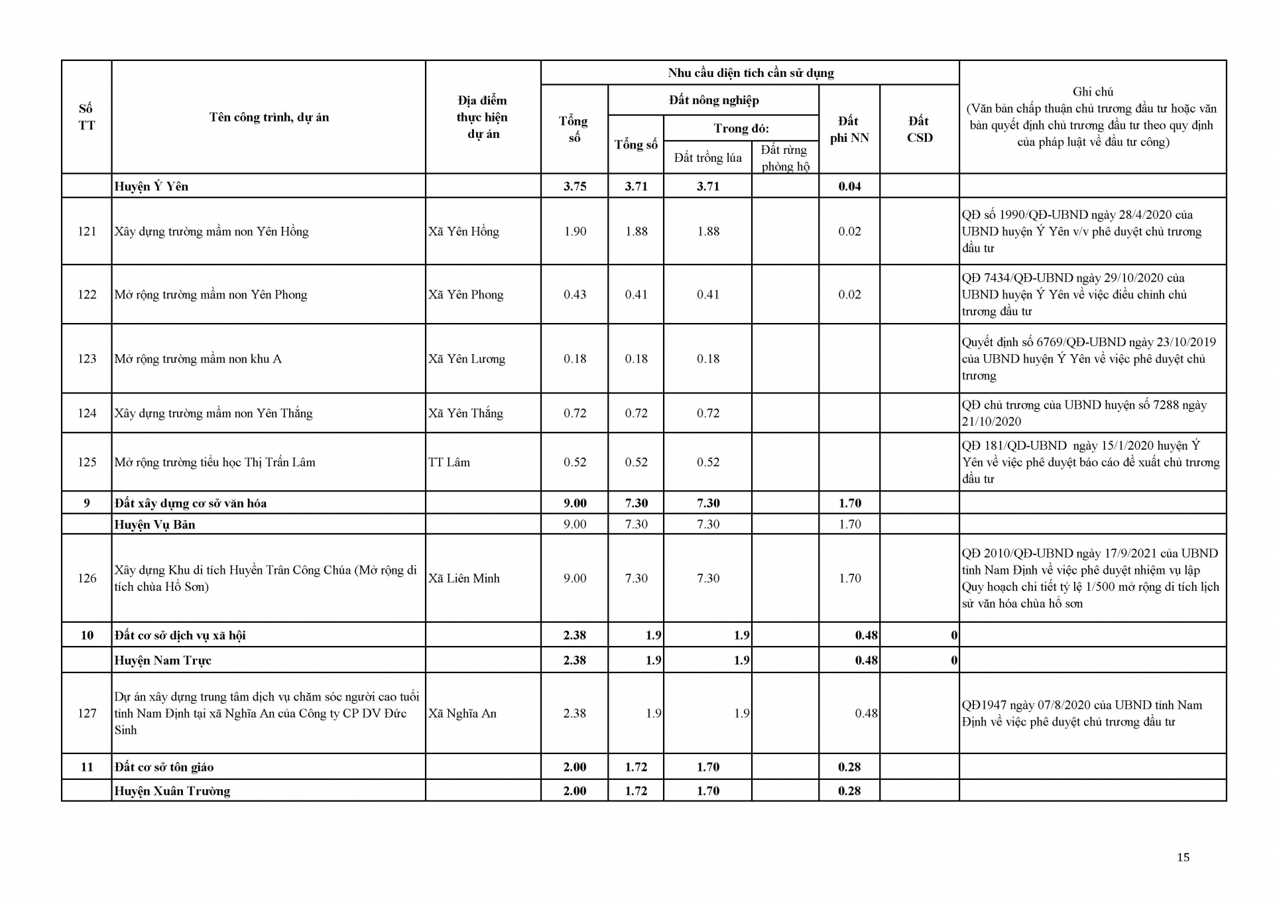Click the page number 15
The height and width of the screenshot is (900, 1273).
pos(1183,858)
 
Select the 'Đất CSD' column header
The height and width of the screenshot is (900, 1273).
pos(919,129)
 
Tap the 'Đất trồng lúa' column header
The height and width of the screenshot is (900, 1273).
pos(707,158)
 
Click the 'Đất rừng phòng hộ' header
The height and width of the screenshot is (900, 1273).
pos(785,158)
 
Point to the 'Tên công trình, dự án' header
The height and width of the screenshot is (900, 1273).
pos(269,117)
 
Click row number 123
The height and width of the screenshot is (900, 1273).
pos(87,359)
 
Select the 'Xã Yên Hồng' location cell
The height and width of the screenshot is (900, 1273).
pos(463,231)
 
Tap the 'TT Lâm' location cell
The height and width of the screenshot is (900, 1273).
pos(449,462)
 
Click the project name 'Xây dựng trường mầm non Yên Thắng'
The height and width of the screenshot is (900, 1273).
pos(213,413)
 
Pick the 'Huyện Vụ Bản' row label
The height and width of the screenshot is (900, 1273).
pos(154,525)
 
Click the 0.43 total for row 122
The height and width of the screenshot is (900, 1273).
pos(575,294)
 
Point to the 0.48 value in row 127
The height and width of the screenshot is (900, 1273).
pos(866,714)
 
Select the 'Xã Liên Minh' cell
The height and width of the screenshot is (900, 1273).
pos(463,578)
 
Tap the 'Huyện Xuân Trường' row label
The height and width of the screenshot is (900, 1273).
pos(172,791)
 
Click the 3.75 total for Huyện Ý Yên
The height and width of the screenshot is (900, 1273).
pos(575,186)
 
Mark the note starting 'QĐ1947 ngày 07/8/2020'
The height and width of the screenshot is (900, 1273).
pos(1081,714)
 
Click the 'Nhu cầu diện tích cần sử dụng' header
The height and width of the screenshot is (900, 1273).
pos(751,73)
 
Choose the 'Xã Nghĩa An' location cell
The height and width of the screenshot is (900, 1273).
pos(462,714)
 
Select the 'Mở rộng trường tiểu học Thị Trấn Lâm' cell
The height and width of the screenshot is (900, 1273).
pos(215,462)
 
